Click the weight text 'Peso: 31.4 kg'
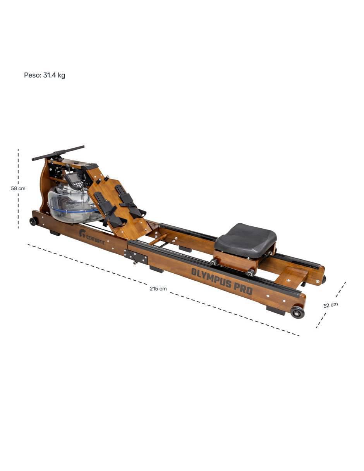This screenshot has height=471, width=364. coord(45,75)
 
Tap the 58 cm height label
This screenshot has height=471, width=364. coord(18,188)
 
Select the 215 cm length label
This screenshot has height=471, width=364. coord(158,289)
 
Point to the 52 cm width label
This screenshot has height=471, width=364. coord(330,305)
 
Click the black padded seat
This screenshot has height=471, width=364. coord(246,240)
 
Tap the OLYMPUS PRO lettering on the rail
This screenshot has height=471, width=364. coord(221,281)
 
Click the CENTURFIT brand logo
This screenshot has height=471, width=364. coord(92,237)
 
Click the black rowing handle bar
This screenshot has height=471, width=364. coord(58,153)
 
